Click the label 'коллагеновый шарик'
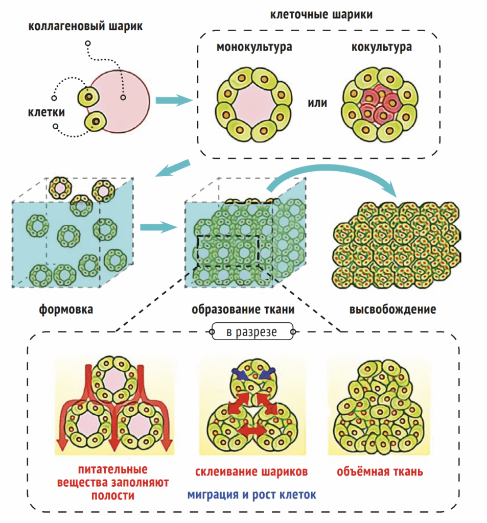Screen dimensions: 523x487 85,26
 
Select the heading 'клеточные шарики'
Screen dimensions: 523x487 320,14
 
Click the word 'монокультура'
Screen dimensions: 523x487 254,47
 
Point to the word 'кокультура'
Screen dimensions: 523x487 382,47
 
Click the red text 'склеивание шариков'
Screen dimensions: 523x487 251,471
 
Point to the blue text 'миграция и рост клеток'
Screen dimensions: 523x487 251,494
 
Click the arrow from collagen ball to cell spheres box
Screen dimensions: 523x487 173,101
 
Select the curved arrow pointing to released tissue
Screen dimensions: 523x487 337,176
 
